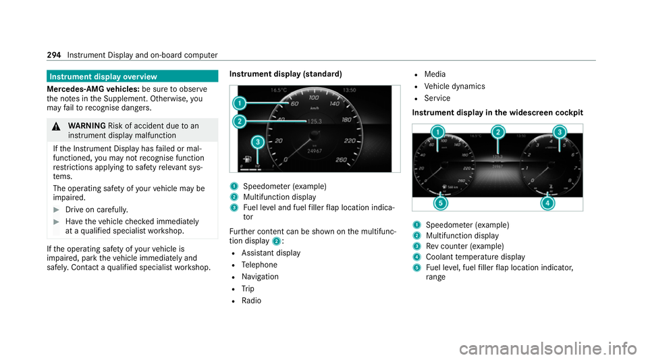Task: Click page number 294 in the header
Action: [54, 55]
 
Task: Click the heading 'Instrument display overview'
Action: [103, 76]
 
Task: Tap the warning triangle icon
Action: [56, 126]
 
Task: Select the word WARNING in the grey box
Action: [87, 126]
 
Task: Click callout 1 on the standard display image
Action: [239, 103]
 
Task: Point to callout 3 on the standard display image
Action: [258, 143]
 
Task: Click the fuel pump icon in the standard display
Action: [247, 159]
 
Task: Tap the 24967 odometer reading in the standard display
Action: [315, 151]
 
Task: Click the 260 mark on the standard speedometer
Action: [342, 159]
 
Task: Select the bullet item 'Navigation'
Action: [260, 276]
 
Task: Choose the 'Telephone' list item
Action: [259, 265]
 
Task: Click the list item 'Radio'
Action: [251, 301]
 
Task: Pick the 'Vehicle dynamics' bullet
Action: [454, 86]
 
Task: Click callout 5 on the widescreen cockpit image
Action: [441, 203]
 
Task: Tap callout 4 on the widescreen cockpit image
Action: [547, 203]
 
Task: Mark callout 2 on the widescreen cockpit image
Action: [498, 132]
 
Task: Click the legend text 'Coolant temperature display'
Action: [475, 257]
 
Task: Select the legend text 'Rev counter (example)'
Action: [465, 247]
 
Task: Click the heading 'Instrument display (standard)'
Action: [286, 74]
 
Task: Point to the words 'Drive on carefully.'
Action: [97, 209]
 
